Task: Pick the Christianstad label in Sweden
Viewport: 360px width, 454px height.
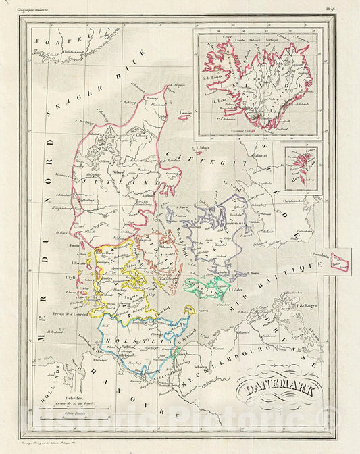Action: click(299, 201)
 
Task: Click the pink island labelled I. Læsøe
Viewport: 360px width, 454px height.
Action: click(184, 116)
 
